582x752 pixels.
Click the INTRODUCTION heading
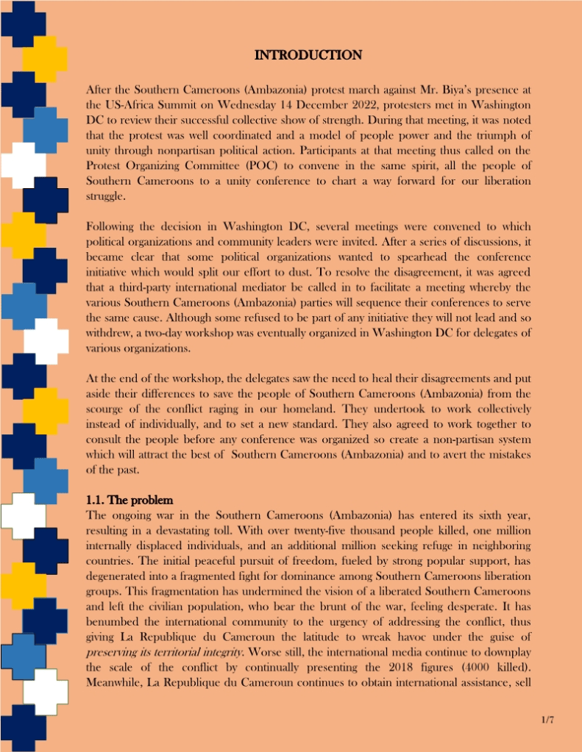tap(308, 55)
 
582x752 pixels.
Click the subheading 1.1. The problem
tap(130, 501)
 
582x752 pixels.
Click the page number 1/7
tap(547, 720)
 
